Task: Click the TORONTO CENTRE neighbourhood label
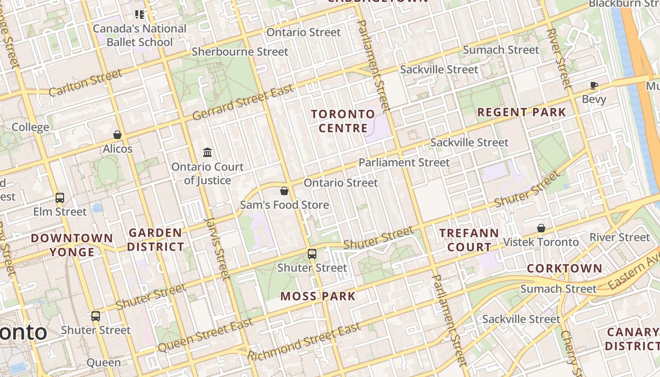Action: click(x=343, y=121)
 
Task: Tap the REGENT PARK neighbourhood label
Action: click(x=521, y=112)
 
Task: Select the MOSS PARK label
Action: click(x=318, y=296)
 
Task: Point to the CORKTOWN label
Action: click(x=564, y=269)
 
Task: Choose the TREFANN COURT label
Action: click(x=469, y=240)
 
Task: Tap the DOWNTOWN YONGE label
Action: click(x=72, y=245)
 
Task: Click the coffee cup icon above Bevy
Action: click(x=594, y=86)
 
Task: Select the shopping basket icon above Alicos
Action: click(x=117, y=135)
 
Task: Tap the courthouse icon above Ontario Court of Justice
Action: click(x=207, y=152)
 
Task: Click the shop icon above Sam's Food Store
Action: click(x=284, y=191)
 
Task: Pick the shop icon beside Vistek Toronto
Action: click(x=541, y=229)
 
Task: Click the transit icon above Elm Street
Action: click(x=60, y=198)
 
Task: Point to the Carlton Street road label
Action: click(x=85, y=82)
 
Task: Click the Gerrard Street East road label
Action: click(x=243, y=102)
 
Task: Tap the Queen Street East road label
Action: click(x=205, y=335)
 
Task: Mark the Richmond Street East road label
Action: click(x=304, y=341)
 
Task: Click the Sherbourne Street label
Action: click(x=239, y=51)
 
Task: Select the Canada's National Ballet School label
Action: click(x=140, y=35)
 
